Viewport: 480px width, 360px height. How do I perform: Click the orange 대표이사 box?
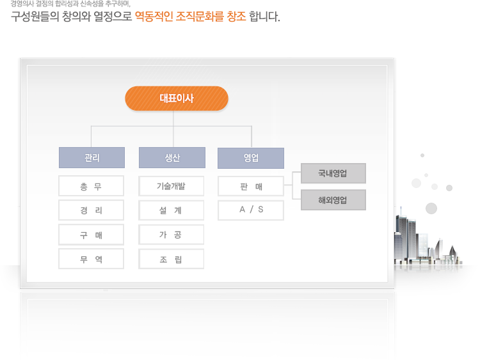point(177,98)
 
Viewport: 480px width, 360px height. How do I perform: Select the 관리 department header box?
point(92,157)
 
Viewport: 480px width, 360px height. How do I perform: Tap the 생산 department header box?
point(172,157)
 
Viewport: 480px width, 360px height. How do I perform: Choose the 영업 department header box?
point(251,158)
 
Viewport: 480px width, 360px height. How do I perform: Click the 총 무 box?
point(92,185)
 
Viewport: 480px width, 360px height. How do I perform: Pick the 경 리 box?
point(92,210)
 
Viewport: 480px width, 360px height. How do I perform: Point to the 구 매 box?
point(92,235)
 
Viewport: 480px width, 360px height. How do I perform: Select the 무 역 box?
point(92,259)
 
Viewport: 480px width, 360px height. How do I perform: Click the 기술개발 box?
point(171,186)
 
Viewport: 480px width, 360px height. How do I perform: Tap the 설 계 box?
point(171,210)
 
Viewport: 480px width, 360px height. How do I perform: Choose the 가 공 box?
point(171,235)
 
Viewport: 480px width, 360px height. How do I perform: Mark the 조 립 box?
point(171,259)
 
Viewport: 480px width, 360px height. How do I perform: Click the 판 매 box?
point(251,186)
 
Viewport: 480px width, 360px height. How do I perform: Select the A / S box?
point(251,210)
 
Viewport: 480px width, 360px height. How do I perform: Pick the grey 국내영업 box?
point(333,173)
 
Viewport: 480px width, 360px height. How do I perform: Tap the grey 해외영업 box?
point(333,200)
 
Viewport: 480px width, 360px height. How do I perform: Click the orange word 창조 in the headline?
point(236,16)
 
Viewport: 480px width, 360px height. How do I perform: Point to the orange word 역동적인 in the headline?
point(154,16)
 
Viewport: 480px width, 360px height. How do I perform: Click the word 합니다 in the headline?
point(264,16)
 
